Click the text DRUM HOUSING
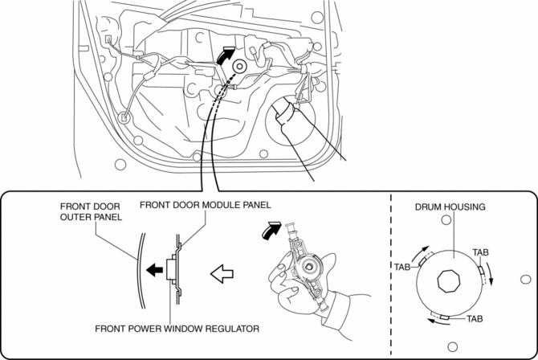450,207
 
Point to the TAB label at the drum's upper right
481,252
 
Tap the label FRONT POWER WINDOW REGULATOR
177,329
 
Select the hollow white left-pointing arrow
222,275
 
